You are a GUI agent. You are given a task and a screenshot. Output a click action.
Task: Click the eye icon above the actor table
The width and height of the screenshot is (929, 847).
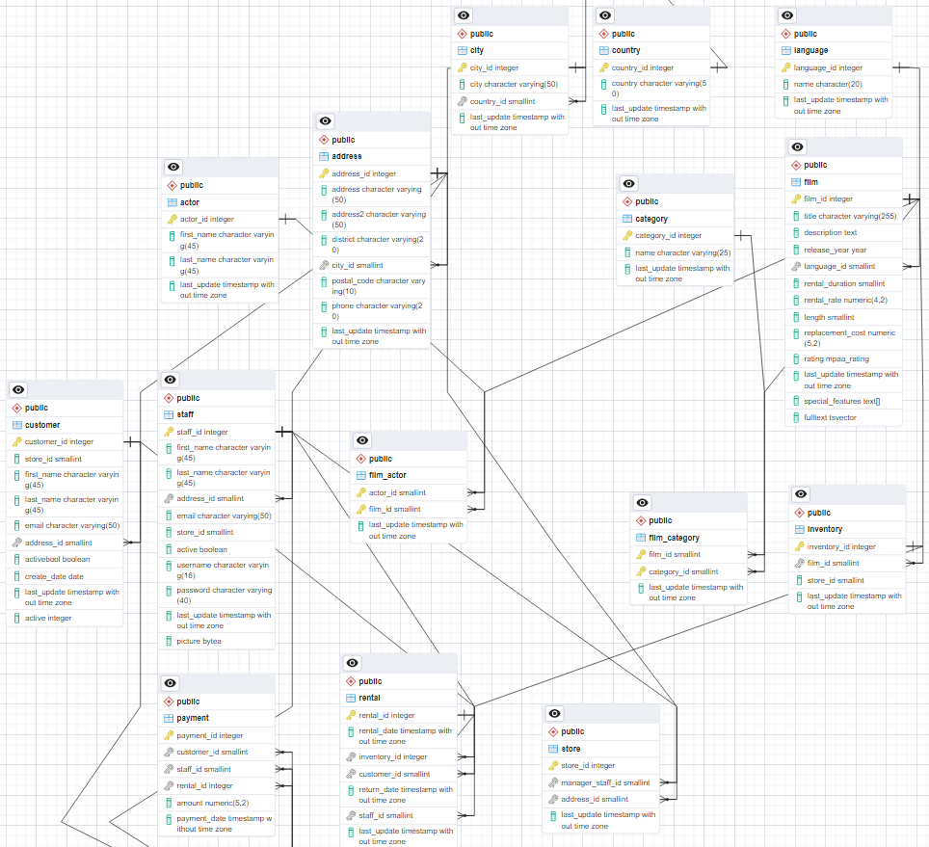click(173, 167)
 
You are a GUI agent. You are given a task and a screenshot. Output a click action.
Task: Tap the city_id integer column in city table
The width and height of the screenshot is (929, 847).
click(494, 68)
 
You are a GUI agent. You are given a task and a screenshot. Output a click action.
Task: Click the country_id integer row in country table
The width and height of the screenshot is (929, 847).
click(642, 68)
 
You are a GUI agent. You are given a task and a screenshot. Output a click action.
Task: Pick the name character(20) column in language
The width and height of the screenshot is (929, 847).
click(827, 84)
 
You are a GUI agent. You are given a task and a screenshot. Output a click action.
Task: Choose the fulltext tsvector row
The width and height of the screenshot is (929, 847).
click(830, 417)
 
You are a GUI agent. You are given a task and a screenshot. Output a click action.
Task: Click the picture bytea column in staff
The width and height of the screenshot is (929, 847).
click(199, 641)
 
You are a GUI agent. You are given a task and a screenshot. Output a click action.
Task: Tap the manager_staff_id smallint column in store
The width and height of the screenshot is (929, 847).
click(605, 782)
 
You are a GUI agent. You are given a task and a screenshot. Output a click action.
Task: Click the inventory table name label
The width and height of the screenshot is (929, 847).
click(825, 529)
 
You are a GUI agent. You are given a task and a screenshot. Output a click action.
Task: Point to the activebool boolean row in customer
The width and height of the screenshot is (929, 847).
click(57, 559)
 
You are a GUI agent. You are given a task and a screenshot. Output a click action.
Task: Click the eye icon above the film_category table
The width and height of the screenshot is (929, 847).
click(642, 503)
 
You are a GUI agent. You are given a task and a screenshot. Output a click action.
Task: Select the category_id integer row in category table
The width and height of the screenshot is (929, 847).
click(669, 235)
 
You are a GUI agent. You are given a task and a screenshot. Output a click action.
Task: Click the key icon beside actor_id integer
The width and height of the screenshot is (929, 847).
click(172, 219)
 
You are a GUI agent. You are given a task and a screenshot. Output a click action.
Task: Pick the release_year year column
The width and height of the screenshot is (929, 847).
click(835, 250)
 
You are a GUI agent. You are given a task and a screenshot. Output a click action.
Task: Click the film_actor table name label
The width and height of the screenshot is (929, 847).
click(387, 475)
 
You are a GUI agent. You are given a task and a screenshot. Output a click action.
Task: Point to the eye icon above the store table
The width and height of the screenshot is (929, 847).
click(554, 714)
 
